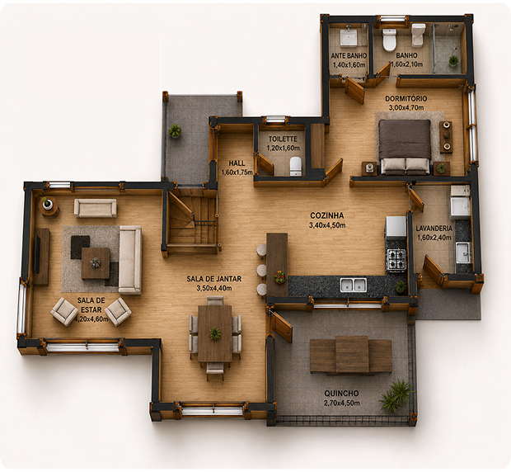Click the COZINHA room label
tap(327, 215)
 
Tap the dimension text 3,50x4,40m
tap(214, 288)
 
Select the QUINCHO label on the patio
tap(341, 394)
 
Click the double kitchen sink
tap(354, 285)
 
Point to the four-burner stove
tap(396, 259)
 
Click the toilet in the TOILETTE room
tap(296, 166)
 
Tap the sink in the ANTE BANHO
tap(349, 37)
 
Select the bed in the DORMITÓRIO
tap(406, 147)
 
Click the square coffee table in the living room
tap(96, 263)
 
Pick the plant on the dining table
tap(215, 333)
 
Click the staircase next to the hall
tap(191, 218)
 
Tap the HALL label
tap(237, 163)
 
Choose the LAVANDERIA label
tap(434, 229)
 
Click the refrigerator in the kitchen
tap(396, 228)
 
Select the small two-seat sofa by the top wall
tap(95, 208)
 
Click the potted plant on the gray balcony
tap(176, 130)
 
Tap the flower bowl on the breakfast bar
tap(279, 276)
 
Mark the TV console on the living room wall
tap(41, 257)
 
